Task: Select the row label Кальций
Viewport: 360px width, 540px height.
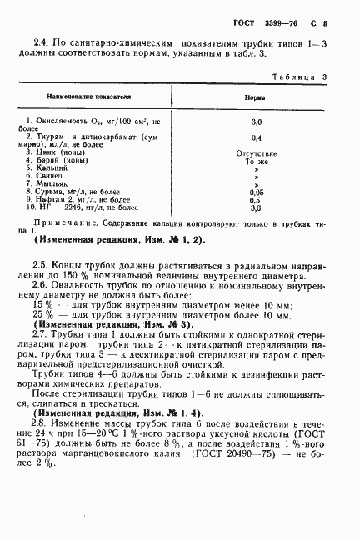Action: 52,168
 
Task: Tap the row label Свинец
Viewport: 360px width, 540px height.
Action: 51,176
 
